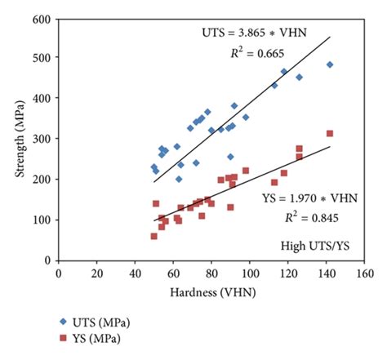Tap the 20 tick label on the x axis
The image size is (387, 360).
tap(96, 273)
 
